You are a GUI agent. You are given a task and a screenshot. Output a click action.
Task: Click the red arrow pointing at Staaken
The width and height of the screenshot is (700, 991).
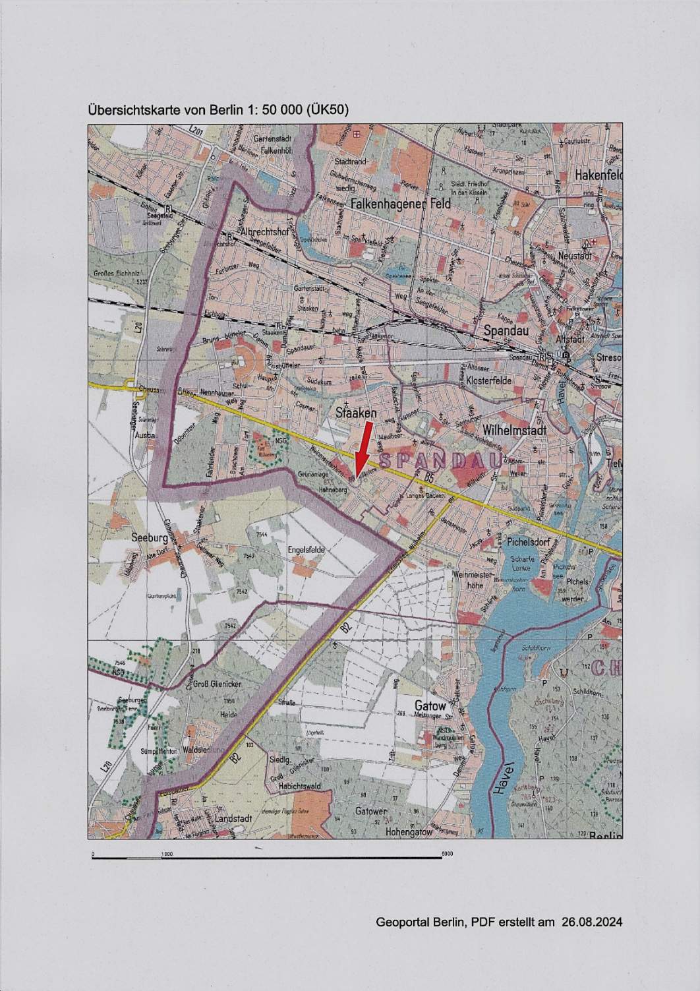click(363, 450)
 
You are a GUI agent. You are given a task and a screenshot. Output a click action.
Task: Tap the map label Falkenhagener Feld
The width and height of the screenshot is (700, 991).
click(401, 204)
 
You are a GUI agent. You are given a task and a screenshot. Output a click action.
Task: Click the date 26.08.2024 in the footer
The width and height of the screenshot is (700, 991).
click(592, 921)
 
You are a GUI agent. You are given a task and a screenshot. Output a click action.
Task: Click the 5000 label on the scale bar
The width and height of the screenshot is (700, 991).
click(447, 854)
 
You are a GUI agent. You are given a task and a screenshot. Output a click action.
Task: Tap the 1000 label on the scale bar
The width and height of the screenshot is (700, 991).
click(167, 855)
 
